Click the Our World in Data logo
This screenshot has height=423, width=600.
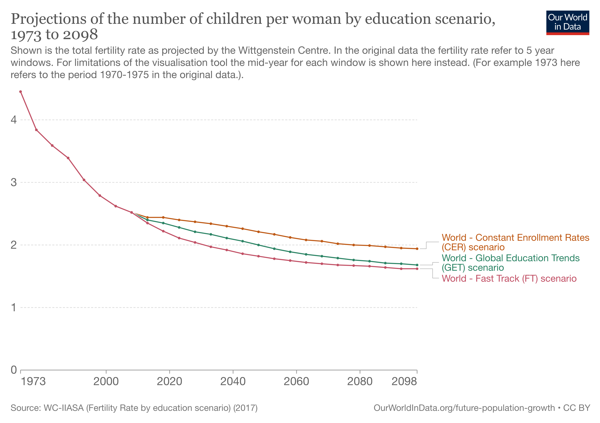point(567,22)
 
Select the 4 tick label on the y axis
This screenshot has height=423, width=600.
point(14,120)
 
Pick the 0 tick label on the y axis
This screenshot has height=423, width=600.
point(14,370)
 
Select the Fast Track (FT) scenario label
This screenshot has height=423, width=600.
point(509,278)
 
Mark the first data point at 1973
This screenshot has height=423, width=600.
point(21,92)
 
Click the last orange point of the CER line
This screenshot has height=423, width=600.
point(417,249)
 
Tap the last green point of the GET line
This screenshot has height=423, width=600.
point(417,265)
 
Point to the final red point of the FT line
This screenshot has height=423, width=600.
point(417,269)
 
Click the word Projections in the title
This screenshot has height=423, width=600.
point(49,19)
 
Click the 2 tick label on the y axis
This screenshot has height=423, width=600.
point(14,245)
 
